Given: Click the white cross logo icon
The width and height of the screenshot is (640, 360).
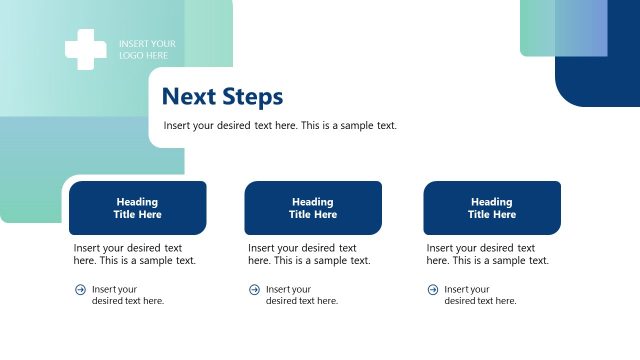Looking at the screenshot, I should click(x=85, y=50).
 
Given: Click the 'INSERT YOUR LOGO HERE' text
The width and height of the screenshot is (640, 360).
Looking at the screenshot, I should click(x=147, y=50).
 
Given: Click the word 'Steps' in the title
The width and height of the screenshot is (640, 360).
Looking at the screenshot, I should click(x=252, y=97).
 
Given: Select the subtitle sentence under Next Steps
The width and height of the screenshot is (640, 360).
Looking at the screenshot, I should click(x=280, y=126).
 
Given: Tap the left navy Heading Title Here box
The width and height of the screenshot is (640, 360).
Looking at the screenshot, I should click(x=138, y=208).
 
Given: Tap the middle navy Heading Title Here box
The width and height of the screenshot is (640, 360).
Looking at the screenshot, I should click(x=313, y=208).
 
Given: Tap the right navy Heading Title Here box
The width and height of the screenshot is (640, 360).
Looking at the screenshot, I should click(x=492, y=208).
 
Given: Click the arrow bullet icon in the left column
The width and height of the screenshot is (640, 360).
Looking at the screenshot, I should click(x=80, y=290).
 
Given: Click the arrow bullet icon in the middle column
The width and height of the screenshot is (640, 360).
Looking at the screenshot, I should click(x=254, y=290).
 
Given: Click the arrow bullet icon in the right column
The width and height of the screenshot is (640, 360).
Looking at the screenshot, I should click(x=433, y=290).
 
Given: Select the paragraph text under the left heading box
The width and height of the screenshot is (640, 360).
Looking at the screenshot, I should click(x=134, y=254).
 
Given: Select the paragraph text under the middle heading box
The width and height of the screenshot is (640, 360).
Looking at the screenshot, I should click(x=309, y=254).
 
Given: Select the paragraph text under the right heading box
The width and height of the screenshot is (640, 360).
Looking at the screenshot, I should click(x=487, y=254).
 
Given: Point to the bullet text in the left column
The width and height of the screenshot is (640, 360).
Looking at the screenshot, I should click(x=128, y=295).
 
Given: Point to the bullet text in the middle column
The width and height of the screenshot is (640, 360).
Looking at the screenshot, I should click(x=302, y=295).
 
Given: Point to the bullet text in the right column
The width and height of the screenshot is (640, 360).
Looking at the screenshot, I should click(x=480, y=295).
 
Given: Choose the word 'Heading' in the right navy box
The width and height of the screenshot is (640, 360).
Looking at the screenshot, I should click(x=492, y=202).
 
